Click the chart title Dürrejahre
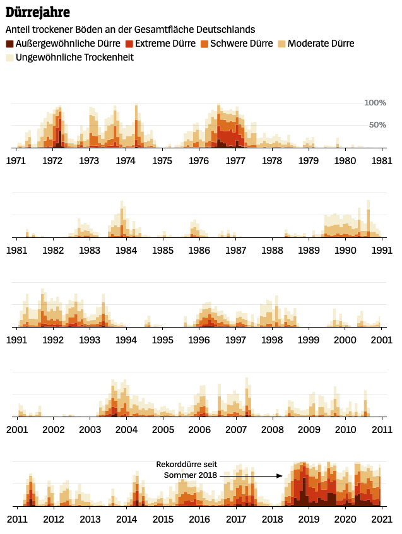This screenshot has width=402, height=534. coord(38,12)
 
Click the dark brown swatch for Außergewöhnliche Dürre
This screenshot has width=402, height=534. coord(9,44)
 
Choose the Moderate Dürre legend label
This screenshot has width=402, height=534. coord(321,44)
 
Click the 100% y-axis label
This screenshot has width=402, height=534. coord(375,103)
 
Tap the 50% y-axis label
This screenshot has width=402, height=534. coord(377,125)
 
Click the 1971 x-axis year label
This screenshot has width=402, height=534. coord(16,161)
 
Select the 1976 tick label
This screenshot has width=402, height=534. coord(199,161)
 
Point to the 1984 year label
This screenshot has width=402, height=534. coord(126,251)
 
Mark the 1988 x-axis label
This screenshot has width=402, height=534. coord(273,251)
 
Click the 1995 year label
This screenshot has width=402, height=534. coord(163,340)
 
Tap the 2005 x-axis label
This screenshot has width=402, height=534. coord(163,430)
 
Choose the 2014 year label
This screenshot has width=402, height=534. coord(126,519)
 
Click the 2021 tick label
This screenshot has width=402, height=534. coord(382,519)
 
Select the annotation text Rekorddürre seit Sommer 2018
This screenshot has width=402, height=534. coord(187,470)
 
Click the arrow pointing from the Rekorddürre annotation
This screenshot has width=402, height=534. coord(252,476)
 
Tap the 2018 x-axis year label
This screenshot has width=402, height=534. coord(273,519)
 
